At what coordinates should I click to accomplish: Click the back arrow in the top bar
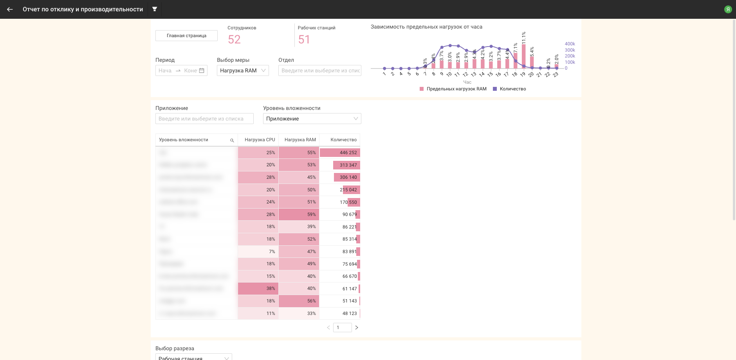[x=10, y=9]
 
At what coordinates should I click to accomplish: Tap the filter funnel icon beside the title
[x=155, y=9]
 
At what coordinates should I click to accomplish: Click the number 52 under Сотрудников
[x=234, y=40]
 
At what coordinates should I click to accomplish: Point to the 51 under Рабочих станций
[x=304, y=40]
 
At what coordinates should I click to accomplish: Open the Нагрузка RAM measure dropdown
[x=243, y=70]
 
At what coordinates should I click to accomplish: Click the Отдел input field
[x=319, y=70]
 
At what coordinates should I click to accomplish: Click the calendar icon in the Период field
[x=202, y=70]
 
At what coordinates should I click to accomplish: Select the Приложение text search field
[x=204, y=119]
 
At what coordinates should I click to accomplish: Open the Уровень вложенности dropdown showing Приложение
[x=312, y=119]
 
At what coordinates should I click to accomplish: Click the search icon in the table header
[x=232, y=140]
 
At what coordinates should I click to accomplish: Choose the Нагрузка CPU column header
[x=260, y=140]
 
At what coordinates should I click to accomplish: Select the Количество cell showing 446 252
[x=340, y=153]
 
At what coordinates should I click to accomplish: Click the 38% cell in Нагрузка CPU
[x=258, y=288]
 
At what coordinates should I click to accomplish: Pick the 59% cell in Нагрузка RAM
[x=299, y=214]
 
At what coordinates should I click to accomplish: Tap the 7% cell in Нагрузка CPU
[x=258, y=252]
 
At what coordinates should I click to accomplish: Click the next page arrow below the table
[x=357, y=328]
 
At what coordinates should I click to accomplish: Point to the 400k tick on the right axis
[x=570, y=44]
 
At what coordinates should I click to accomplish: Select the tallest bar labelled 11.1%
[x=524, y=56]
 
